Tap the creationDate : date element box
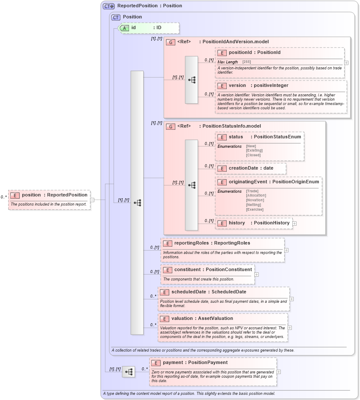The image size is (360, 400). click(x=251, y=168)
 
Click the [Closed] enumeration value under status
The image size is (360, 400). click(x=253, y=155)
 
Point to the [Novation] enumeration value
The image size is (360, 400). click(x=255, y=200)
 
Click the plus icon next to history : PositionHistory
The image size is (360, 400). click(x=295, y=223)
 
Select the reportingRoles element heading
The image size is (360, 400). click(x=212, y=243)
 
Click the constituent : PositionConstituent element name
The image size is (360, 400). click(x=213, y=270)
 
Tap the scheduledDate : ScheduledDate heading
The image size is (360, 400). click(x=208, y=292)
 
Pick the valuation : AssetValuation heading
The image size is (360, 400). click(x=202, y=319)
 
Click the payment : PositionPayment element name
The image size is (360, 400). click(x=195, y=363)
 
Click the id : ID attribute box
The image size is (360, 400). click(x=148, y=28)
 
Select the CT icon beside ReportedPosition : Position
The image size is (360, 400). click(x=109, y=6)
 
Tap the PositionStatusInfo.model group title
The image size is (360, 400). click(x=237, y=126)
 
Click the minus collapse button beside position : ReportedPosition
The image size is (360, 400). click(x=92, y=200)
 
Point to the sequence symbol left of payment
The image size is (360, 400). click(x=128, y=372)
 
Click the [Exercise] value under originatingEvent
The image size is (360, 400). click(x=255, y=209)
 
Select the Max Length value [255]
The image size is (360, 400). click(x=247, y=62)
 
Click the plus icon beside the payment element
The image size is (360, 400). click(x=279, y=372)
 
